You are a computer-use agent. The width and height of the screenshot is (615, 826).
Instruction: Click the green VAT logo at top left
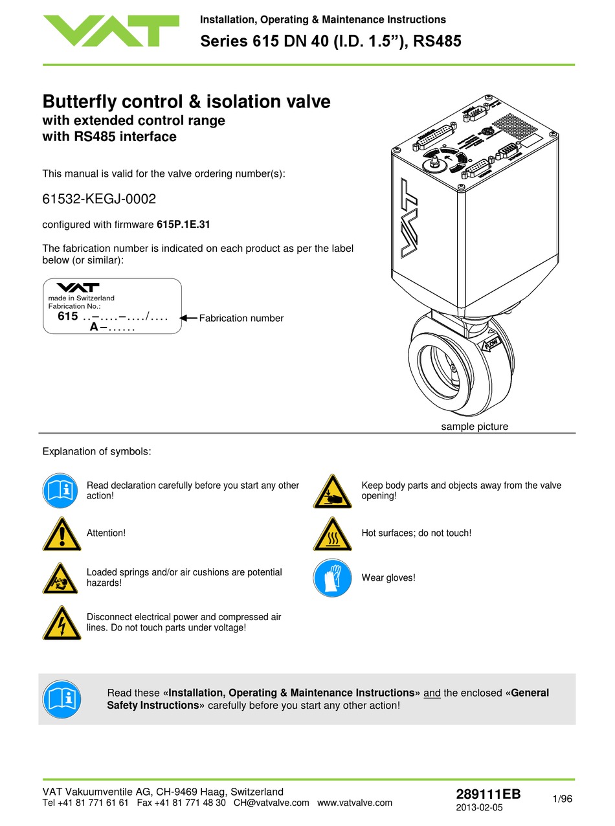111,30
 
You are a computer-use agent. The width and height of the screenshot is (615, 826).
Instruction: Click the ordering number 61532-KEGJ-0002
99,199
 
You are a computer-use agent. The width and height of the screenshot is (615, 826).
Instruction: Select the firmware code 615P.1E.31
183,225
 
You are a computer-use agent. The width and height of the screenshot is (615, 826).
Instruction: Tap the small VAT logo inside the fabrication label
77,287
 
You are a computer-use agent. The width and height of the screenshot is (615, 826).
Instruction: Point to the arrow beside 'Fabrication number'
188,318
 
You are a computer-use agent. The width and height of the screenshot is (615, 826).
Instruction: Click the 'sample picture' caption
475,427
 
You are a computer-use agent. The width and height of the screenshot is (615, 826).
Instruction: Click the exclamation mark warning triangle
61,535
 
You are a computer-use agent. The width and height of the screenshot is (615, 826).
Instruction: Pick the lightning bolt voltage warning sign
61,624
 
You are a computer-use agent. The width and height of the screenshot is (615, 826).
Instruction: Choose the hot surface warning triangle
332,535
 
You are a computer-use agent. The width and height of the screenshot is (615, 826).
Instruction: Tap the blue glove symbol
332,578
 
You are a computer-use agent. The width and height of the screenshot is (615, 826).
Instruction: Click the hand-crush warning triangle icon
332,491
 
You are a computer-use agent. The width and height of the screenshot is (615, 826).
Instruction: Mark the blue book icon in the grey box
61,699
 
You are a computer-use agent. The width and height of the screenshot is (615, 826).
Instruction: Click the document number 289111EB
488,795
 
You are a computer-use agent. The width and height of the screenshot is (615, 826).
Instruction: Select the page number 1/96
563,799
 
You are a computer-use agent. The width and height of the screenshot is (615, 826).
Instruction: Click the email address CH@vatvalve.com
271,803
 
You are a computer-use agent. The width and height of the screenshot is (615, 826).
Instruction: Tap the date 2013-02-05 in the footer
479,808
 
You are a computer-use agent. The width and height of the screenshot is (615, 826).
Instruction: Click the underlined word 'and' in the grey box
432,693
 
